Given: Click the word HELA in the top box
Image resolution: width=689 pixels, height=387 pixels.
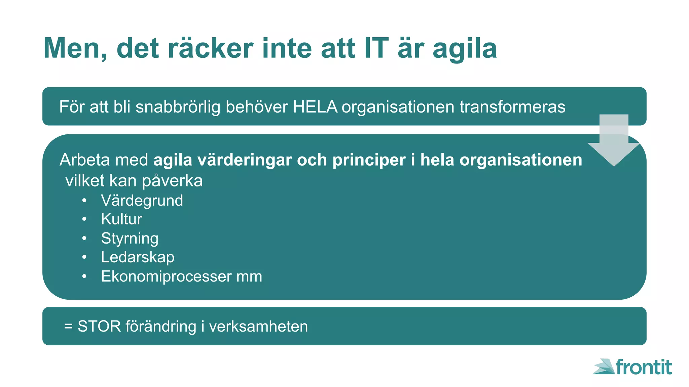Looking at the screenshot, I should pos(315,107).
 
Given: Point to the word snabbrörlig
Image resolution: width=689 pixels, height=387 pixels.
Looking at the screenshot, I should pos(178,107).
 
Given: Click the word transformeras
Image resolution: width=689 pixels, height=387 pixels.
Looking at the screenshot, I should pos(512,107).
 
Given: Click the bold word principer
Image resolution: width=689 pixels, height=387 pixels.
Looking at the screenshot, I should pos(369,160).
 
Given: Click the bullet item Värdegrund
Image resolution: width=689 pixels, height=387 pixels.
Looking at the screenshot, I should pos(142,201).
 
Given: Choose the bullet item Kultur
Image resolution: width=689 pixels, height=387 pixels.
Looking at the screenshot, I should pos(121,219).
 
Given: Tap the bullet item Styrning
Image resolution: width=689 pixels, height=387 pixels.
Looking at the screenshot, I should pos(130,239).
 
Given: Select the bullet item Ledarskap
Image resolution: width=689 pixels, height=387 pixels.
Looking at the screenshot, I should pos(138,257).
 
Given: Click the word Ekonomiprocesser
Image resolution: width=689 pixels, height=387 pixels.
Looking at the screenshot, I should pos(166,276).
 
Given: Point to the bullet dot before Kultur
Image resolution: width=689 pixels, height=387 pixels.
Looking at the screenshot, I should pos(84,219).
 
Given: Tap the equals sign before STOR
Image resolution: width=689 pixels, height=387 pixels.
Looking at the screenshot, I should pos(68,327).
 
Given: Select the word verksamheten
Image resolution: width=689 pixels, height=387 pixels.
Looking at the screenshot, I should pos(258,327).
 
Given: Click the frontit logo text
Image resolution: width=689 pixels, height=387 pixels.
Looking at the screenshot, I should pos(644,367).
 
